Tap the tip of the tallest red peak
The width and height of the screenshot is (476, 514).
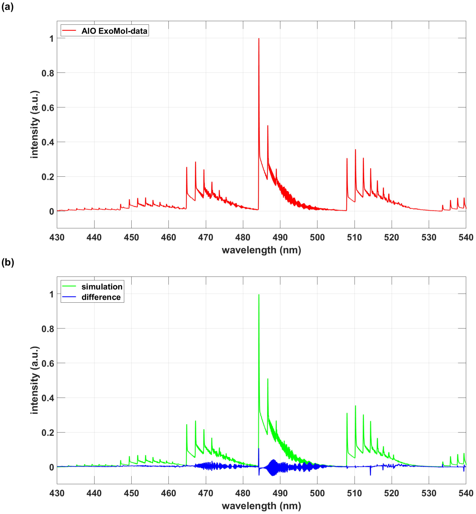coord(259,39)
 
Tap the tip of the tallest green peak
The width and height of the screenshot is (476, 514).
coord(259,295)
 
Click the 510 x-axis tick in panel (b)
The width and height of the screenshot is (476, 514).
coord(354,493)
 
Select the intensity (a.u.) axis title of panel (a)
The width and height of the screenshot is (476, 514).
coord(34,124)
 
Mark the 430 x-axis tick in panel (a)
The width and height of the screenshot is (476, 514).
coord(57,237)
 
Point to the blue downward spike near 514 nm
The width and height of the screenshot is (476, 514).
coord(370,475)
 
